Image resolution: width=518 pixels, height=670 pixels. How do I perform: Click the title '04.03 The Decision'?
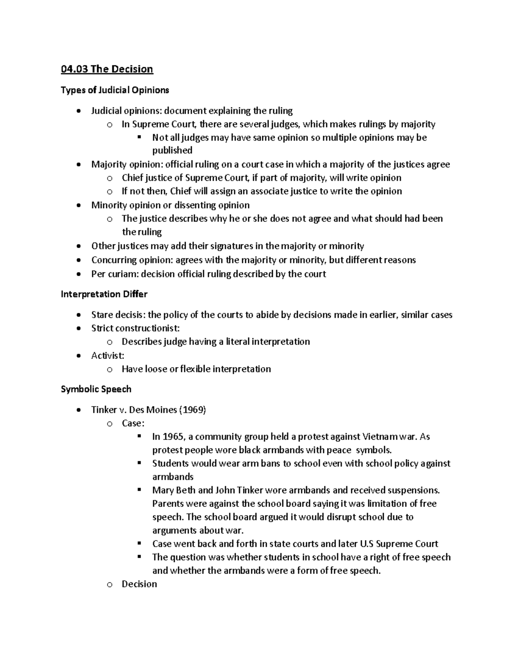(107, 69)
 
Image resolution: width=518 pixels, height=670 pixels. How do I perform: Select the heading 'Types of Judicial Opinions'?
(115, 90)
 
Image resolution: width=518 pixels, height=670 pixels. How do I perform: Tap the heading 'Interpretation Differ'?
(104, 294)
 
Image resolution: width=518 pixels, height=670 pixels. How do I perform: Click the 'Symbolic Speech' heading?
(96, 389)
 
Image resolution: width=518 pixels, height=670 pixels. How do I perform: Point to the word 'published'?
(172, 151)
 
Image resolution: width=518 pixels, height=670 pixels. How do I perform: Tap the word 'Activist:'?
(107, 355)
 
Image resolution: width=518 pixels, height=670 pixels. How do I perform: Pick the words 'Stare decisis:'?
(118, 315)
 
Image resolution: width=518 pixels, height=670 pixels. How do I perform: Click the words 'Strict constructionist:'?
(136, 328)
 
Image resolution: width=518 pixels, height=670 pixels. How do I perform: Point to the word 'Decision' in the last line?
(139, 584)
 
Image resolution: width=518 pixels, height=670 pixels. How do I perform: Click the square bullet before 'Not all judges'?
(139, 138)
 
